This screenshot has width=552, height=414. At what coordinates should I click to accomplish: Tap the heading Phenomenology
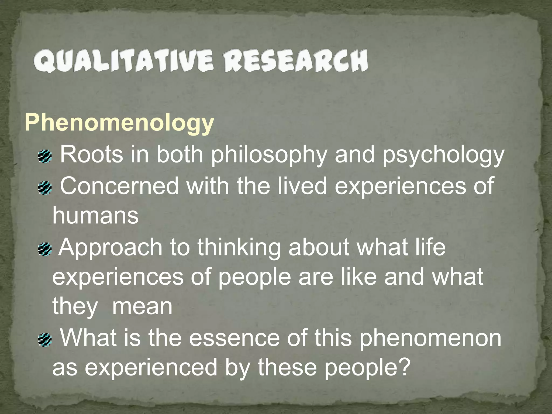click(x=119, y=123)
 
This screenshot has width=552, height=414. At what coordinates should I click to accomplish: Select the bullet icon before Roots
click(x=44, y=157)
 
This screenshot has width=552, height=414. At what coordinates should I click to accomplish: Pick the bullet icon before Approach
click(x=44, y=249)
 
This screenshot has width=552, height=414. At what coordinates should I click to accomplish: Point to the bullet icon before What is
click(x=44, y=339)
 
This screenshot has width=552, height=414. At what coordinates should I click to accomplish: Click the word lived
click(x=302, y=186)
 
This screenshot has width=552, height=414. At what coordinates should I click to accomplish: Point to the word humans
click(x=95, y=216)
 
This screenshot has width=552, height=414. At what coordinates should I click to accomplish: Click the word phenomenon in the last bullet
click(x=430, y=338)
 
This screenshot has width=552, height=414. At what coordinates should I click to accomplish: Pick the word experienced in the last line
click(x=151, y=368)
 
